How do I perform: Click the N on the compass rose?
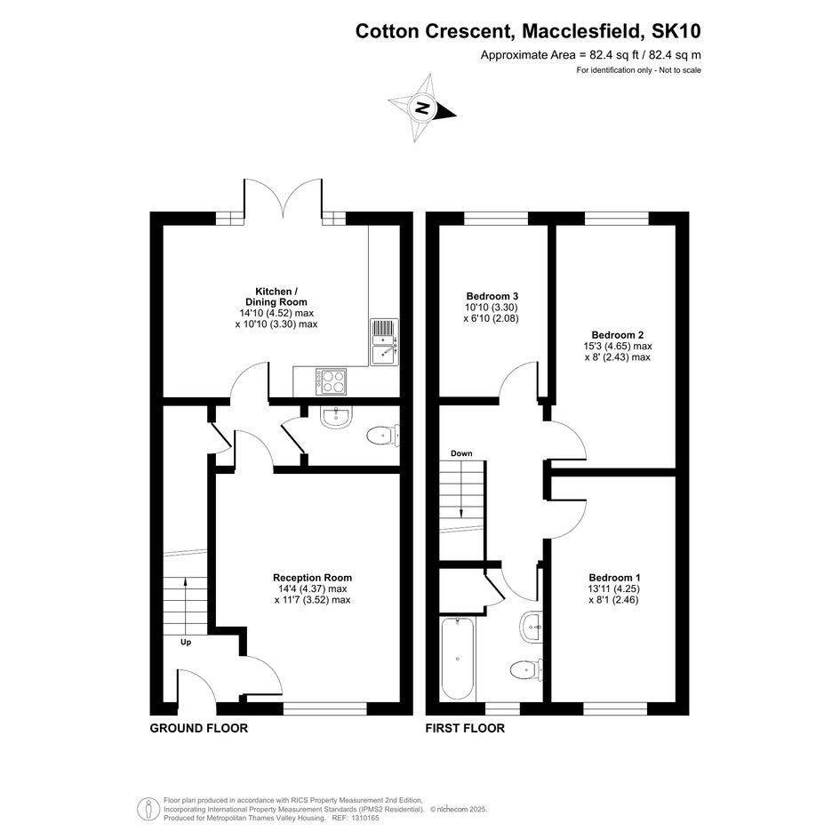click(x=423, y=108)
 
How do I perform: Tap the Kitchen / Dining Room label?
click(x=276, y=296)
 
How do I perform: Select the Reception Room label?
click(x=312, y=578)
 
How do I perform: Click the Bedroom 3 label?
click(x=492, y=296)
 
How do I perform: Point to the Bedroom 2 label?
click(x=617, y=335)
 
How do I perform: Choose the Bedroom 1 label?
click(x=614, y=578)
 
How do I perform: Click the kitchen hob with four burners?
click(x=331, y=381)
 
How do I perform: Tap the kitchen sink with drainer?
click(x=384, y=342)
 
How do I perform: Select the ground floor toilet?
click(x=383, y=435)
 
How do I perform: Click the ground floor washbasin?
click(x=336, y=417)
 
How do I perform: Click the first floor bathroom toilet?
click(x=526, y=669)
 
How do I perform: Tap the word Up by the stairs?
click(x=186, y=643)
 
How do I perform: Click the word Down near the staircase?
click(x=461, y=453)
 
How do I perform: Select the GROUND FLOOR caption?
click(x=199, y=728)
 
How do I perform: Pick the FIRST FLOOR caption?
click(x=465, y=728)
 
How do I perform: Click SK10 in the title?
click(x=676, y=31)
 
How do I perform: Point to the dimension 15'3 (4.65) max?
click(x=617, y=347)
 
